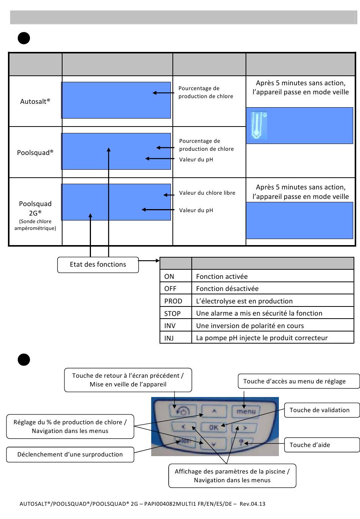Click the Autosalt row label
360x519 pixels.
tap(35, 101)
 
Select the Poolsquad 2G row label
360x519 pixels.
tap(35, 215)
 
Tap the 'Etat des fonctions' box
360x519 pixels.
tap(98, 264)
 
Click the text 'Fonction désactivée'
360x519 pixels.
tap(227, 288)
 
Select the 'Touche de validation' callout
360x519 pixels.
tap(322, 410)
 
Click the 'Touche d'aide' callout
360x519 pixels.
tap(322, 445)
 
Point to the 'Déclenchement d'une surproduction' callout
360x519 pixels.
tap(70, 455)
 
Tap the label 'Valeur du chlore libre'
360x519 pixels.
tap(207, 193)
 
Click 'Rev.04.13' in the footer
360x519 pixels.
tap(252, 504)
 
